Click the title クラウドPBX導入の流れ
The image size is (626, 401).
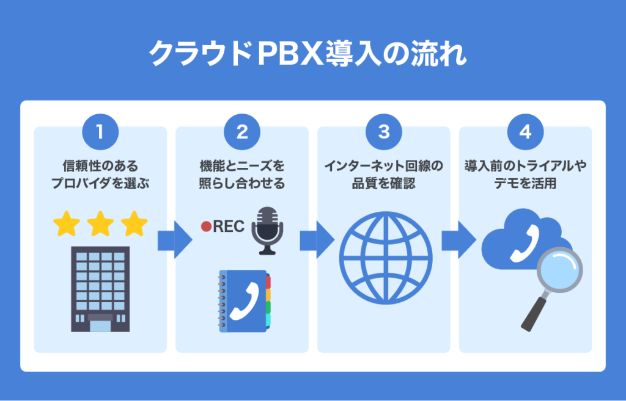click(x=313, y=54)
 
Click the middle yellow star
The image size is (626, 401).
click(x=100, y=225)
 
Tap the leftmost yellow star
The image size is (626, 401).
click(x=67, y=225)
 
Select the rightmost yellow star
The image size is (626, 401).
click(x=134, y=225)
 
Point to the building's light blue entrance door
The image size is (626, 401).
click(x=100, y=325)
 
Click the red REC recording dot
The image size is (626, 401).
click(x=206, y=226)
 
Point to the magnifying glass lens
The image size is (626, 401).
click(x=559, y=270)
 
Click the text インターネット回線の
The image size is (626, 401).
click(x=384, y=166)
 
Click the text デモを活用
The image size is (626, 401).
click(x=526, y=183)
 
